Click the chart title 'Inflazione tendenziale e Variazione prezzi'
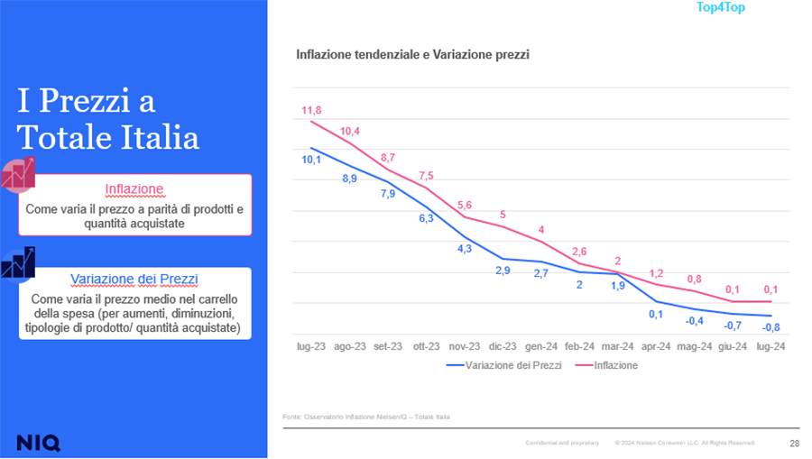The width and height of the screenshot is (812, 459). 412,55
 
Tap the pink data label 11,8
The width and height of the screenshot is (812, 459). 311,110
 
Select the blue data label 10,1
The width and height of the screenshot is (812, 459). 311,160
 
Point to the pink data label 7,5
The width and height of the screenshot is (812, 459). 426,176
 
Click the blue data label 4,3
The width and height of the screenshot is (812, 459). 465,249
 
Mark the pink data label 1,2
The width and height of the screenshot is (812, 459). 657,273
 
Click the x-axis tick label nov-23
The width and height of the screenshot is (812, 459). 465,346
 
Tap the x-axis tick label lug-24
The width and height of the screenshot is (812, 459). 770,346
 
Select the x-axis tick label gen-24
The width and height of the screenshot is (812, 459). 540,346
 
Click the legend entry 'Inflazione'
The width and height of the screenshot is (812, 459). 616,365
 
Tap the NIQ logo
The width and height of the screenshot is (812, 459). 38,442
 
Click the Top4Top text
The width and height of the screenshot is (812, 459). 720,8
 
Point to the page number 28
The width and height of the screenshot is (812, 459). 794,443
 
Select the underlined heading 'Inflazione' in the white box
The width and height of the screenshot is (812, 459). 134,189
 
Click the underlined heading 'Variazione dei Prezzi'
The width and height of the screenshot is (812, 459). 134,280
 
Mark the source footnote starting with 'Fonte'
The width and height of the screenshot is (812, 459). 366,417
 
